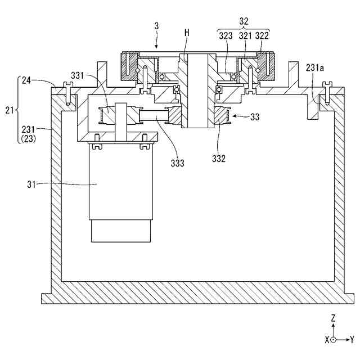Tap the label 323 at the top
click(227, 35)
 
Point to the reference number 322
click(262, 35)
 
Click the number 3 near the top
click(157, 27)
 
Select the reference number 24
click(26, 80)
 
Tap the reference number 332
click(219, 159)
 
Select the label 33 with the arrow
click(255, 117)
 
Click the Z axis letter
click(334, 318)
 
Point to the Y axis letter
click(352, 340)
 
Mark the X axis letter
click(326, 340)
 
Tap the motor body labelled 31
click(121, 186)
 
